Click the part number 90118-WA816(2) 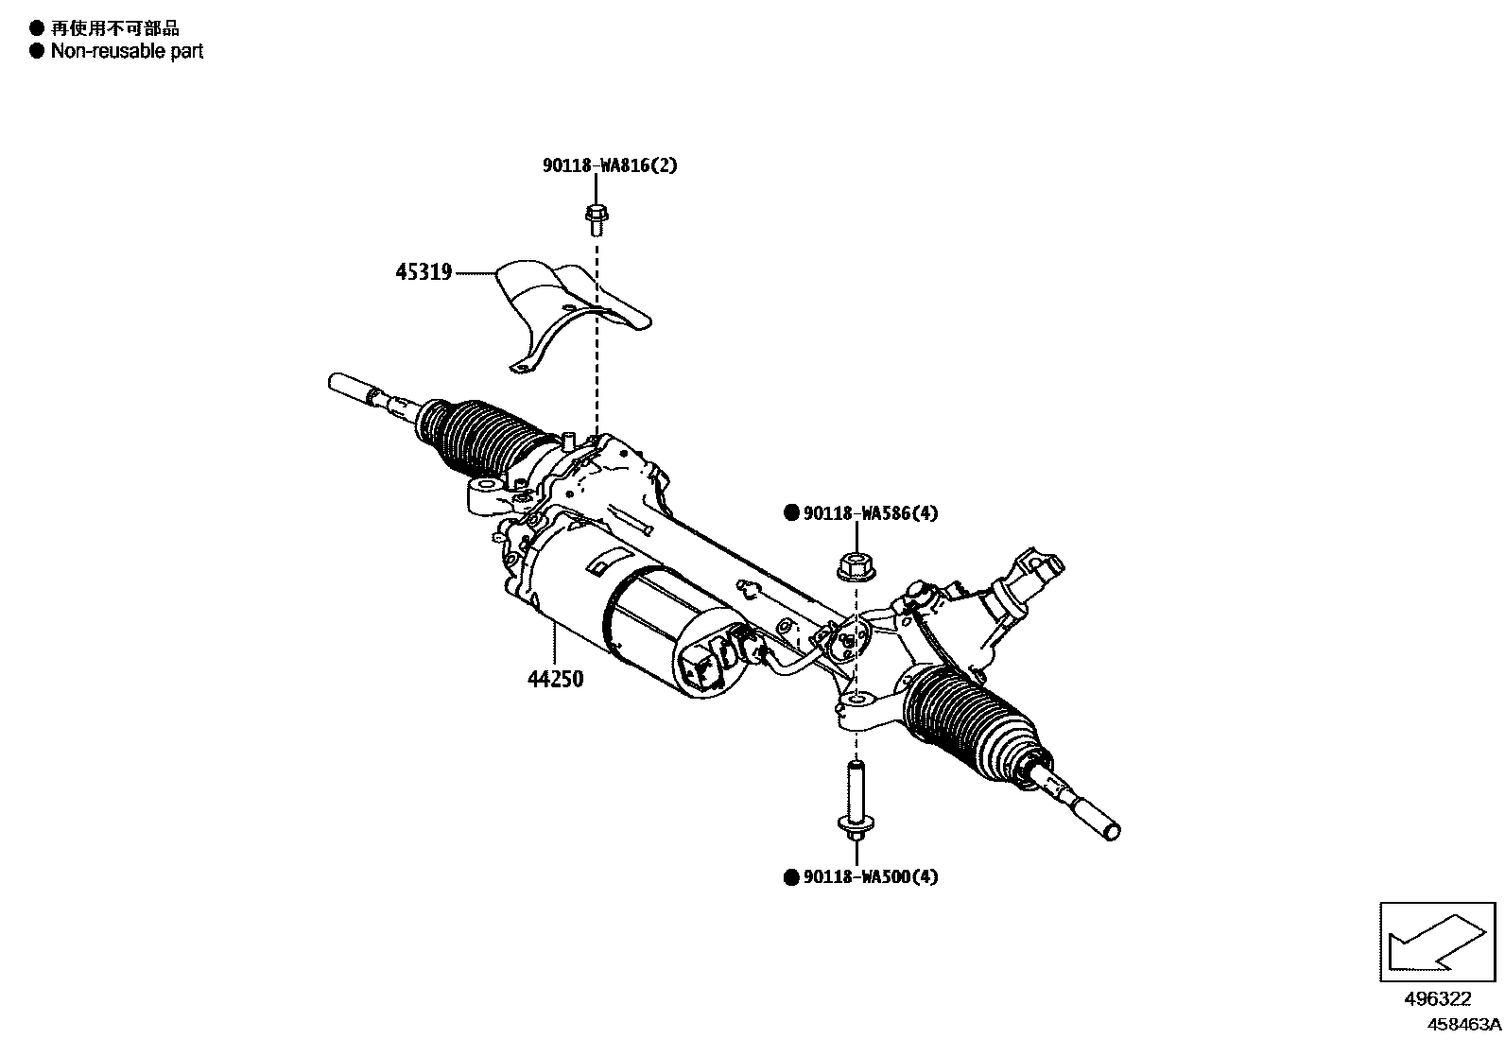[x=610, y=165]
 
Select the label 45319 [x=424, y=272]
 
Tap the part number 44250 [x=555, y=679]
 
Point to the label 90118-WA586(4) [x=870, y=513]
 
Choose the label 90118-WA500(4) [x=870, y=877]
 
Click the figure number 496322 [x=1437, y=998]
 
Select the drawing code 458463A [x=1463, y=1024]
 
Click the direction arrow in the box [x=1437, y=942]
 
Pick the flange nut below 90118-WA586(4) [x=856, y=565]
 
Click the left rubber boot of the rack [x=487, y=438]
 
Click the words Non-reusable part [x=127, y=51]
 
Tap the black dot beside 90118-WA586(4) [x=792, y=513]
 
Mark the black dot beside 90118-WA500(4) [x=792, y=877]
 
